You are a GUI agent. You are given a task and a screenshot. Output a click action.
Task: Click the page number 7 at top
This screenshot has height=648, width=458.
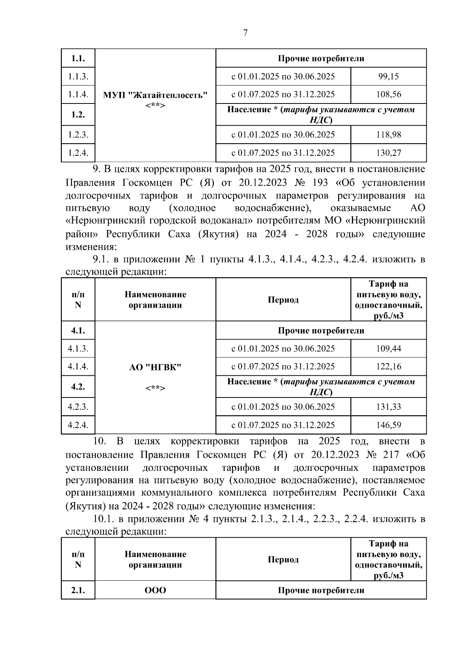(x=245, y=33)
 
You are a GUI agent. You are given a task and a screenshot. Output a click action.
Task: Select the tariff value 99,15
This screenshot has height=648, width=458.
(x=388, y=76)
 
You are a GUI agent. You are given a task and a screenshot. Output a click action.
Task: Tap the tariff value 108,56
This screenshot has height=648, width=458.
(x=388, y=94)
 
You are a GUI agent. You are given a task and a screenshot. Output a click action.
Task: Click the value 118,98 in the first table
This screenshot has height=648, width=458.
(x=388, y=135)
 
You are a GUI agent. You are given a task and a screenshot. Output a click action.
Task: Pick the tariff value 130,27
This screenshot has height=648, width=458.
(x=388, y=153)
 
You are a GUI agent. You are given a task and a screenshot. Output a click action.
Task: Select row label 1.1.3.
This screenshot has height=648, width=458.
(x=78, y=76)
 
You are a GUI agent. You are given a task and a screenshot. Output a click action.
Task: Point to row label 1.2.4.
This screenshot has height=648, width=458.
(x=78, y=153)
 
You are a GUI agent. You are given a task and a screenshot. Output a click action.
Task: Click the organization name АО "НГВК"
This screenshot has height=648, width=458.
(x=155, y=367)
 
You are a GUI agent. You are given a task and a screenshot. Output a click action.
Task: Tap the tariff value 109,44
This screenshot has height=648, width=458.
(x=388, y=348)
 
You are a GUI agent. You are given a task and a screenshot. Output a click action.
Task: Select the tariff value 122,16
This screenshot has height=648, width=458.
(x=388, y=366)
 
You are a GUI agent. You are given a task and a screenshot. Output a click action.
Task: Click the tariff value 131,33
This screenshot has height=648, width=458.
(x=388, y=407)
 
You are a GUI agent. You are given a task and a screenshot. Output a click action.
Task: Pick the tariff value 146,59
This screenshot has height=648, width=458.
(x=388, y=425)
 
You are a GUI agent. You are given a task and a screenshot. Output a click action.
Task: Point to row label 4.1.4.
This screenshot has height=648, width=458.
(x=78, y=366)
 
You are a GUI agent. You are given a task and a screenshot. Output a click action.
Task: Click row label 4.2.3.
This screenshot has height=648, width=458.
(x=78, y=407)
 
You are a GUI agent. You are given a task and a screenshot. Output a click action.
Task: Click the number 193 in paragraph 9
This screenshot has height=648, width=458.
(x=319, y=183)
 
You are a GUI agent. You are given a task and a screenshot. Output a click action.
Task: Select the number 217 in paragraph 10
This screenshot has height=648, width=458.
(x=390, y=454)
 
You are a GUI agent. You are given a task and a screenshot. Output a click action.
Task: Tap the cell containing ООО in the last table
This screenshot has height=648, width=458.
(x=155, y=590)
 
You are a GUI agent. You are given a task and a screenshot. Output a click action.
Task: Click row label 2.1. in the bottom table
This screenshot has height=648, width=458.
(x=78, y=590)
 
